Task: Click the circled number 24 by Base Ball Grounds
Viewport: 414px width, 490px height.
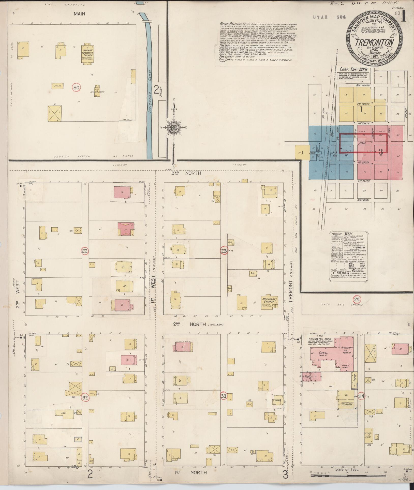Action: click(357, 300)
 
